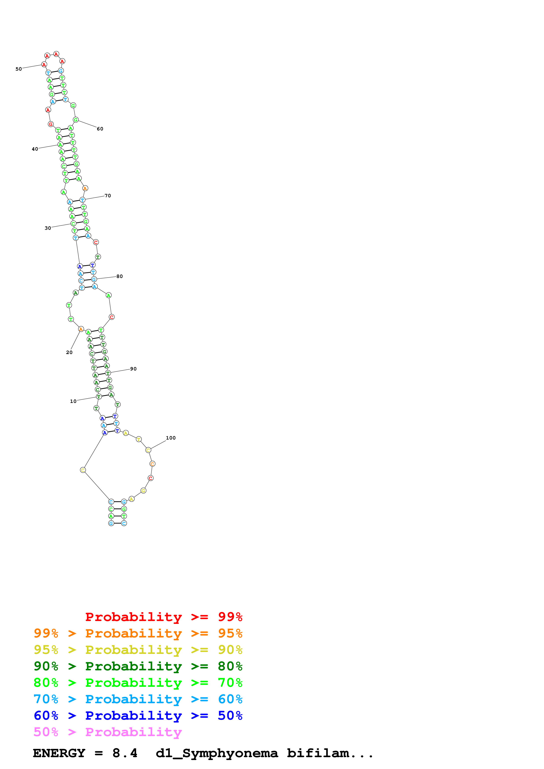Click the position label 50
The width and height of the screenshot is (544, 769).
pos(18,69)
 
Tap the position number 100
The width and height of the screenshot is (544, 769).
pos(171,438)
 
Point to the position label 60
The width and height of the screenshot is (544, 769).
pos(100,129)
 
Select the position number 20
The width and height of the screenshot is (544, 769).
pos(69,352)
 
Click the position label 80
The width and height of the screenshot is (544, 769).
pos(119,276)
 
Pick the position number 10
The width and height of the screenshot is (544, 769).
pos(73,401)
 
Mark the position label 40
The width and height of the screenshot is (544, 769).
pos(35,149)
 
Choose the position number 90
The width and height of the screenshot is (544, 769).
pos(133,369)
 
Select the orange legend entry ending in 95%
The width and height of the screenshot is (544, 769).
pos(138,633)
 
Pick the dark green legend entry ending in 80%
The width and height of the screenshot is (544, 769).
pos(138,666)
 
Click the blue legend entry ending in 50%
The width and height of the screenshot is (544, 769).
pos(138,716)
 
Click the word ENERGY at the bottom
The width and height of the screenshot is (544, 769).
pos(59,753)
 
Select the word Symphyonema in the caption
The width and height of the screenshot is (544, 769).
pos(230,753)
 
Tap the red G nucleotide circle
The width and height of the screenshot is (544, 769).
pos(51,124)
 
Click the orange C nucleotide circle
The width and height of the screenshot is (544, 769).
pos(152,464)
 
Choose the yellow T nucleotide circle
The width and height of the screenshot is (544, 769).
pos(139,439)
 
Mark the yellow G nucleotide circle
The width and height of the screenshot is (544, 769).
pos(143,491)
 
